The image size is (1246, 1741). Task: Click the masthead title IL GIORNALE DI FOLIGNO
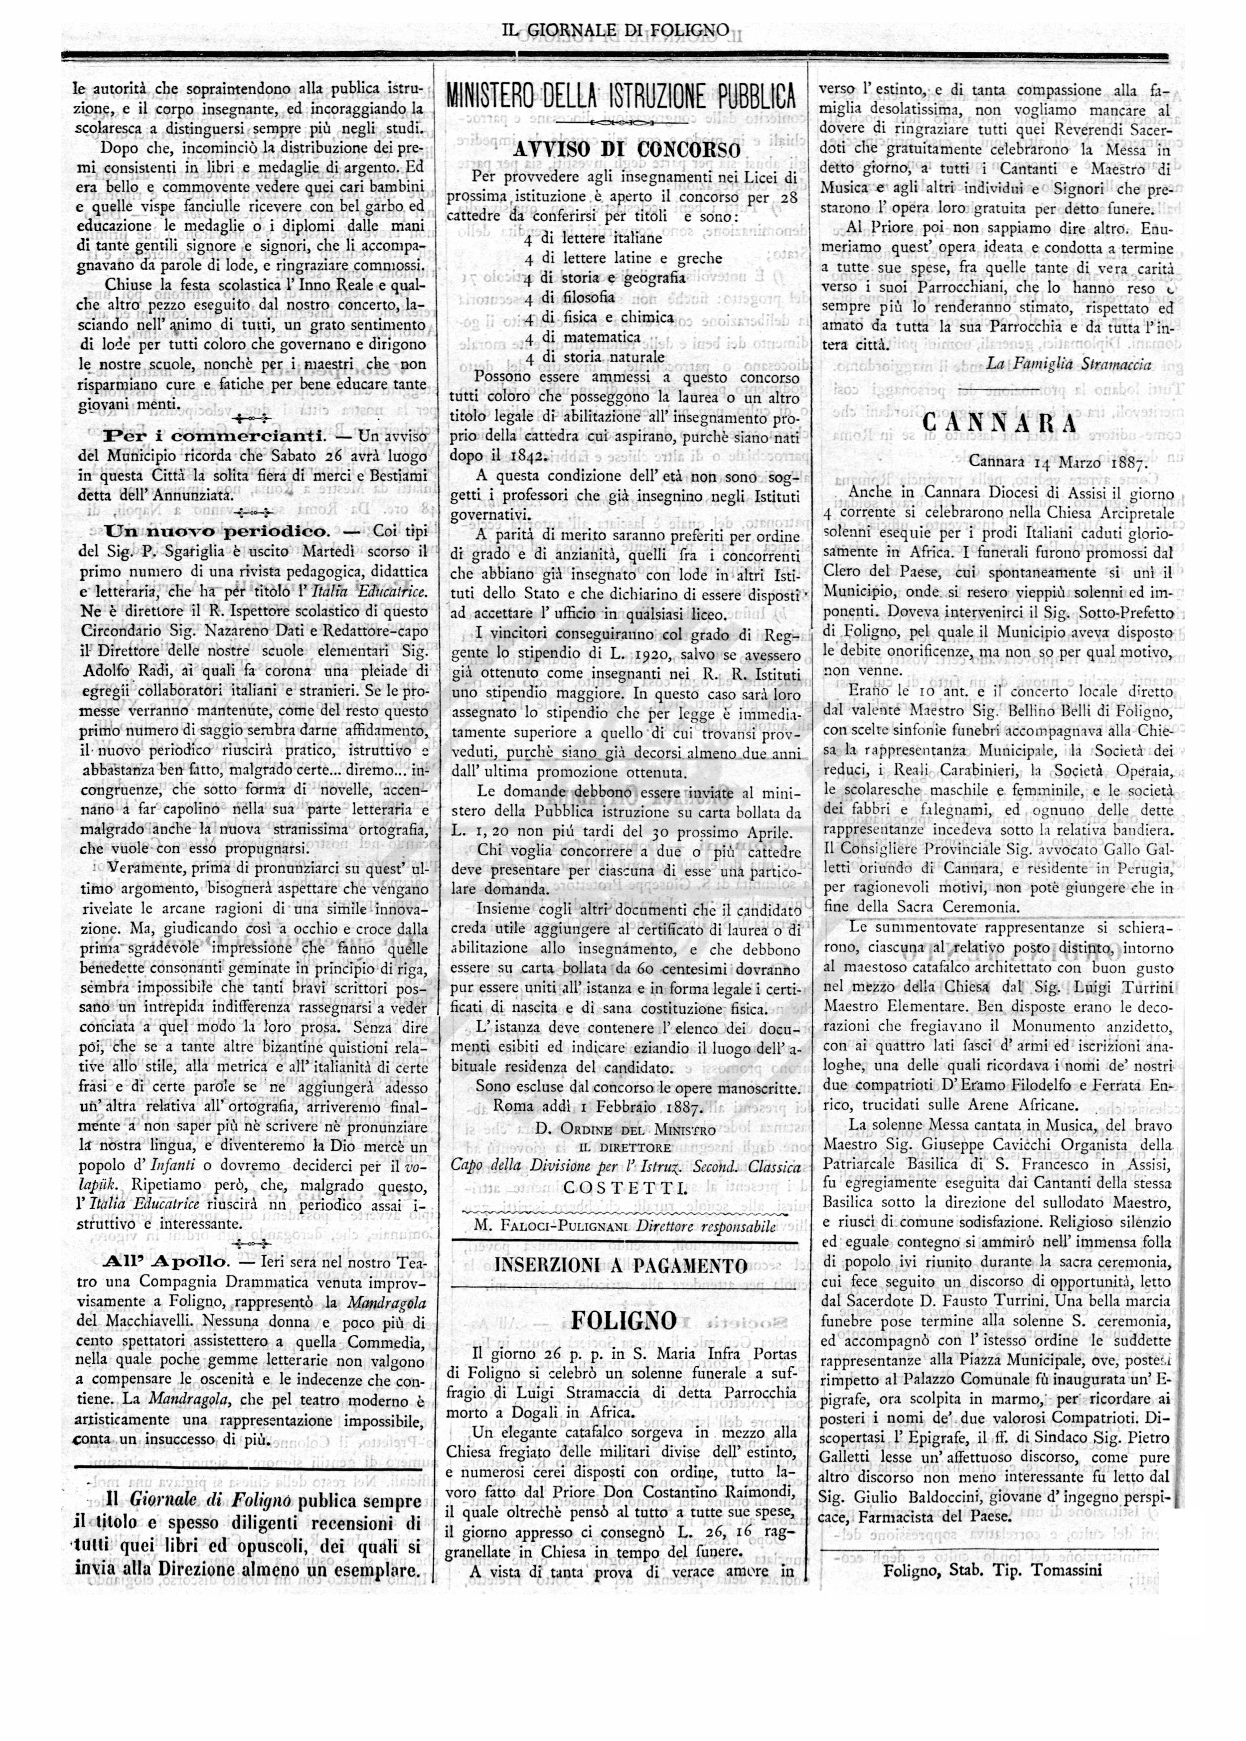(616, 31)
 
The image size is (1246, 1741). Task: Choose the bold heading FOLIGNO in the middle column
(624, 1320)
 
